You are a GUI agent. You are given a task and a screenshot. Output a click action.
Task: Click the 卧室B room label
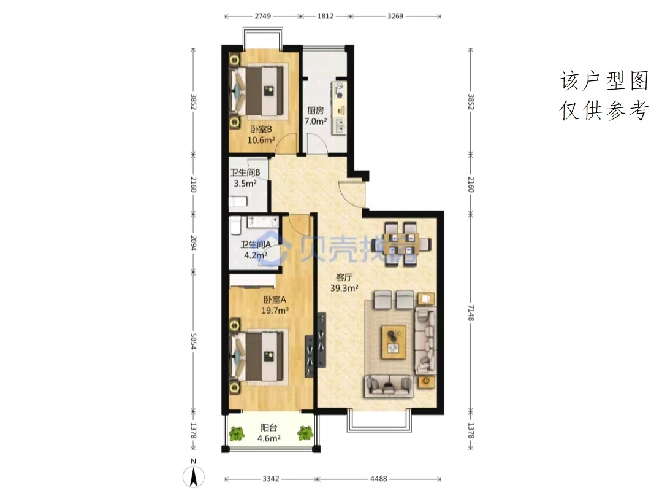[x=261, y=129]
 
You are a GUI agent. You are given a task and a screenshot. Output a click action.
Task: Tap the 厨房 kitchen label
[x=316, y=110]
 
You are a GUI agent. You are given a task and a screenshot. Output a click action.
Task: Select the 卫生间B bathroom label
[x=245, y=172]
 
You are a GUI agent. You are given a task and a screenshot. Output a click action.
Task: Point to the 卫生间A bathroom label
[x=256, y=244]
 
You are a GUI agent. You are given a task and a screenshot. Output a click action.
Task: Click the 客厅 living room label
[x=344, y=277]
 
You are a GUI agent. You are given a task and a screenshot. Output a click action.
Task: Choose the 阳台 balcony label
[x=269, y=428]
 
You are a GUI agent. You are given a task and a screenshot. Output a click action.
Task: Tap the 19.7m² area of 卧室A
[x=275, y=311]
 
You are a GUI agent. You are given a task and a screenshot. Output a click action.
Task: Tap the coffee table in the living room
[x=394, y=342]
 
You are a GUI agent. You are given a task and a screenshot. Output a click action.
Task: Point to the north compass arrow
[x=194, y=477]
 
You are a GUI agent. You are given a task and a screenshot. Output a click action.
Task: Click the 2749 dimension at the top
[x=262, y=16]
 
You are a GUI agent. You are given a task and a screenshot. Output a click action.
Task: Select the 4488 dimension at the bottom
[x=378, y=479]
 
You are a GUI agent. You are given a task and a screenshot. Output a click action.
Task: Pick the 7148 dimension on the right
[x=471, y=313]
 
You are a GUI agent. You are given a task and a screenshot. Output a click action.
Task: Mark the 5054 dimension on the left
[x=193, y=341]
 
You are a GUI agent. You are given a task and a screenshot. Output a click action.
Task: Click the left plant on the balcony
[x=237, y=434]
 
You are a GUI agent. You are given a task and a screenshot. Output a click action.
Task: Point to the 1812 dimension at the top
[x=325, y=16]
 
